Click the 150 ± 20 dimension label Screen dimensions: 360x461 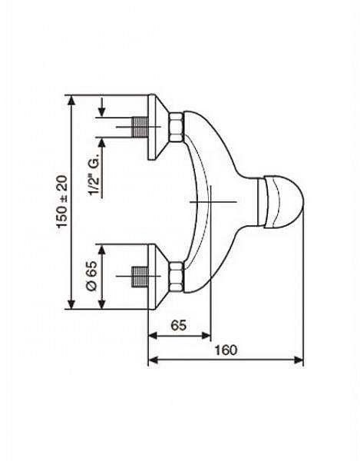pyautogui.click(x=62, y=201)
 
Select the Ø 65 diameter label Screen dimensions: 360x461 pyautogui.click(x=92, y=276)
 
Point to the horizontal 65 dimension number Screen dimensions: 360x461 pyautogui.click(x=179, y=325)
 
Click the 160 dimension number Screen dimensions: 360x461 pyautogui.click(x=226, y=350)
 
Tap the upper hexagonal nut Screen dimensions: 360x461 pyautogui.click(x=177, y=127)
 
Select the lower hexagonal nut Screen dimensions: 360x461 pyautogui.click(x=177, y=277)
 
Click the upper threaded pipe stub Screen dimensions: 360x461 pyautogui.click(x=139, y=127)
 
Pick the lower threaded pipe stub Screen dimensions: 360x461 pyautogui.click(x=139, y=277)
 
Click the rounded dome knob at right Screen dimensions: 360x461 pyautogui.click(x=281, y=202)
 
